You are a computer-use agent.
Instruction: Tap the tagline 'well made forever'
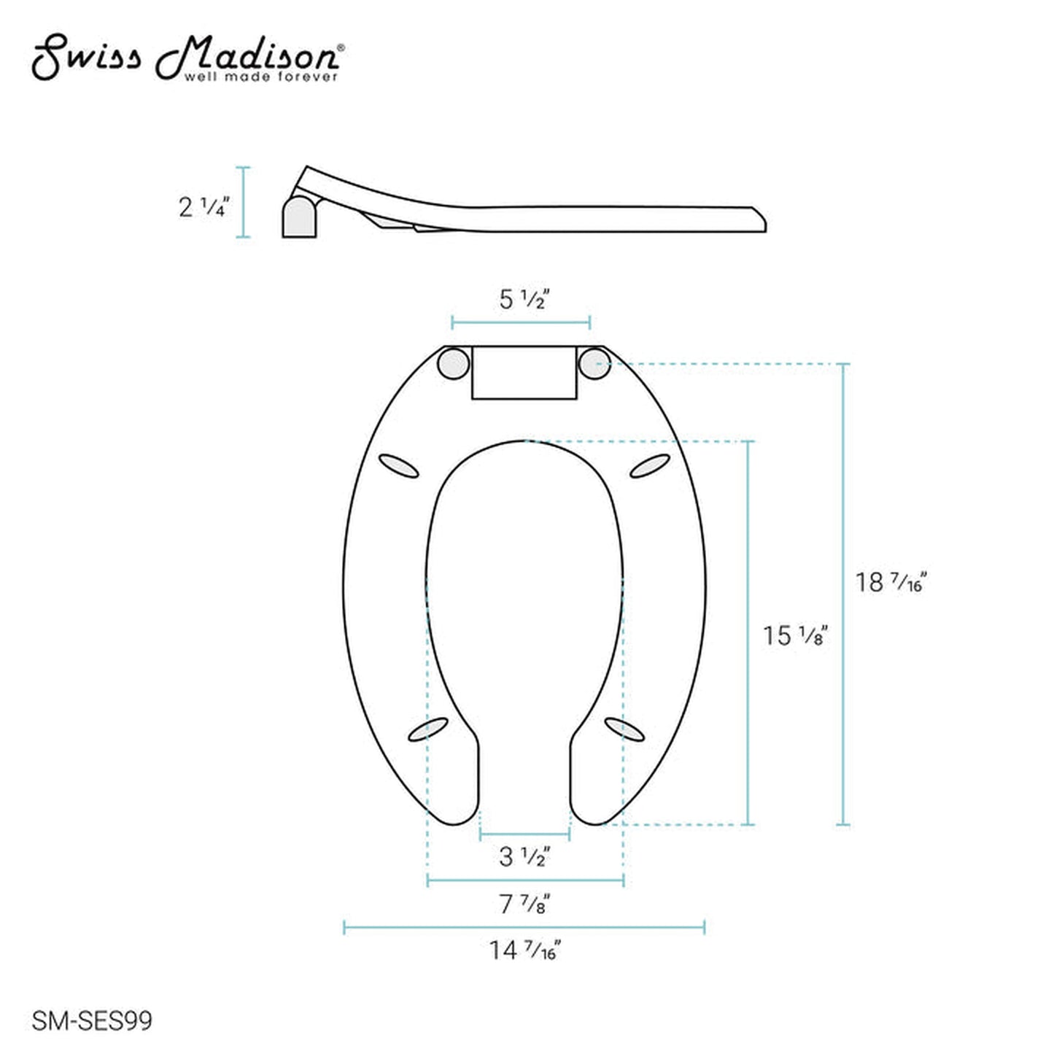(260, 77)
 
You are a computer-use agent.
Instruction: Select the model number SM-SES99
(92, 1020)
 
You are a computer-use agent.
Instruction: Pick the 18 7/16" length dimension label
(890, 582)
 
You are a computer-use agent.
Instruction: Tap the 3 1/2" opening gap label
(524, 856)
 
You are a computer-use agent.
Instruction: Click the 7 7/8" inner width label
(524, 904)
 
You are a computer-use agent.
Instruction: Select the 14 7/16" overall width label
(524, 950)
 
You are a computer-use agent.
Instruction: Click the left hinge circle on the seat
(453, 363)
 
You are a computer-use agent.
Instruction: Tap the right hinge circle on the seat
(594, 363)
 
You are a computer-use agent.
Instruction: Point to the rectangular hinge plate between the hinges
(524, 373)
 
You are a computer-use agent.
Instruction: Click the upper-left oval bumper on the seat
(399, 466)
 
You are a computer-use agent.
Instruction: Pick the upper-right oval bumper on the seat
(649, 466)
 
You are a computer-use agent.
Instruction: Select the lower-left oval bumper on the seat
(427, 729)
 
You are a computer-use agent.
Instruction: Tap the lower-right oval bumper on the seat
(625, 729)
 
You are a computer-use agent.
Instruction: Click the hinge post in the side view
(299, 217)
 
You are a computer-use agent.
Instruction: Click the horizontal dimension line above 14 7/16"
(524, 928)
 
